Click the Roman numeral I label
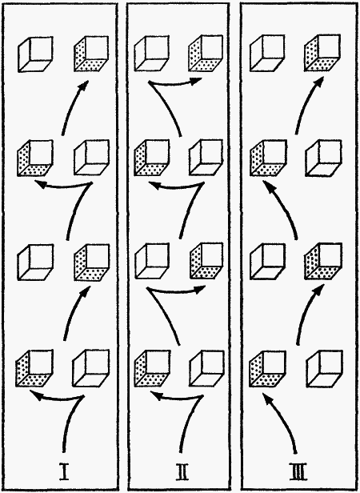pyautogui.click(x=64, y=471)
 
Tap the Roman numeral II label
pyautogui.click(x=180, y=471)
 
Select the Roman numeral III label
pyautogui.click(x=297, y=471)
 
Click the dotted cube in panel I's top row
pyautogui.click(x=91, y=54)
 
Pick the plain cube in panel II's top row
pyautogui.click(x=151, y=53)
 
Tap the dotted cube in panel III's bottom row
pyautogui.click(x=267, y=368)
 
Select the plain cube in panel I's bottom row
pyautogui.click(x=91, y=368)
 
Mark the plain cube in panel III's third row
pyautogui.click(x=268, y=261)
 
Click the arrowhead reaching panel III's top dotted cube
pyautogui.click(x=319, y=82)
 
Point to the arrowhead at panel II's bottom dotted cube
pyautogui.click(x=156, y=395)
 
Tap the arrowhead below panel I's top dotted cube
pyautogui.click(x=84, y=86)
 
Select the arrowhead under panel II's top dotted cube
pyautogui.click(x=196, y=81)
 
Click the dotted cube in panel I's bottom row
pyautogui.click(x=34, y=368)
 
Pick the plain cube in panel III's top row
pyautogui.click(x=267, y=53)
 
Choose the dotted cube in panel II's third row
pyautogui.click(x=206, y=261)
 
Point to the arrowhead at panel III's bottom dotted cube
pyautogui.click(x=266, y=400)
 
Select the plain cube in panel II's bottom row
pyautogui.click(x=207, y=368)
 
